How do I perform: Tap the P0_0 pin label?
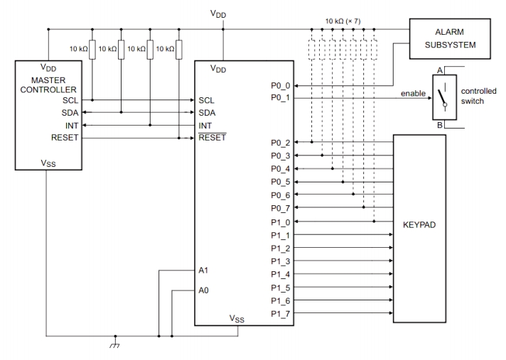pos(279,85)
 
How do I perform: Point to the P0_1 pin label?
pos(279,98)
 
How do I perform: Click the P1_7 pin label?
pos(279,313)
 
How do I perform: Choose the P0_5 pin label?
pos(279,182)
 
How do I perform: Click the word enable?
pos(413,93)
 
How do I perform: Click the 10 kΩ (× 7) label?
pos(343,21)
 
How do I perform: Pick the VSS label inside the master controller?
pos(48,164)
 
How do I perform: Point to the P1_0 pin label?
pos(279,222)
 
